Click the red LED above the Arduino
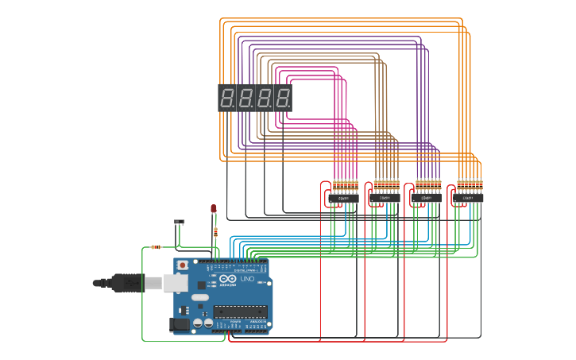pyautogui.click(x=213, y=208)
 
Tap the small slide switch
pyautogui.click(x=180, y=222)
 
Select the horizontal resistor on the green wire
pyautogui.click(x=156, y=247)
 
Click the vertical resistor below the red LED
pyautogui.click(x=215, y=232)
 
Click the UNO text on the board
pyautogui.click(x=247, y=279)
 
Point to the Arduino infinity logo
pyautogui.click(x=228, y=279)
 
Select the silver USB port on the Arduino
pyautogui.click(x=176, y=282)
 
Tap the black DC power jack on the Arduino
pyautogui.click(x=180, y=323)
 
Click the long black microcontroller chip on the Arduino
pyautogui.click(x=240, y=312)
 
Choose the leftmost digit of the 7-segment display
pyautogui.click(x=227, y=99)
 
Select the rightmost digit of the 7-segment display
pyautogui.click(x=282, y=99)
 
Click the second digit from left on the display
pyautogui.click(x=245, y=99)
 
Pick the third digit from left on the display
pyautogui.click(x=264, y=99)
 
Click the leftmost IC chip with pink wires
pyautogui.click(x=344, y=198)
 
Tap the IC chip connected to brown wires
pyautogui.click(x=385, y=197)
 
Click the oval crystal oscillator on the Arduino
pyautogui.click(x=200, y=297)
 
